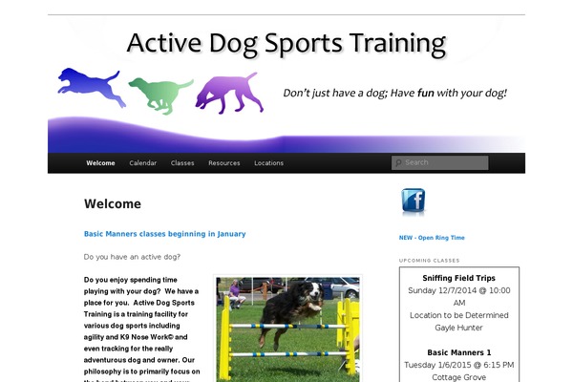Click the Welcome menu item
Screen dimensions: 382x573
pyautogui.click(x=100, y=163)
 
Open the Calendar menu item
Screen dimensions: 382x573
pyautogui.click(x=143, y=163)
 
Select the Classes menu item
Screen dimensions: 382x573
pyautogui.click(x=182, y=163)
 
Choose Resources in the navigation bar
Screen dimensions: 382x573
pyautogui.click(x=224, y=163)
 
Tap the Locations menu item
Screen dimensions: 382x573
pyautogui.click(x=268, y=163)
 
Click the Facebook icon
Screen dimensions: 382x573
pyautogui.click(x=413, y=201)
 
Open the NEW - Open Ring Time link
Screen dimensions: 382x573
pyautogui.click(x=432, y=238)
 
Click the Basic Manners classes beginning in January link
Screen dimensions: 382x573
pyautogui.click(x=164, y=233)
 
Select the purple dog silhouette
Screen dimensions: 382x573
pyautogui.click(x=228, y=93)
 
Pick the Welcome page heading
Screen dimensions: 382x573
pyautogui.click(x=112, y=203)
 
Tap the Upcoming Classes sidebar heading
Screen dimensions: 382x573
pyautogui.click(x=429, y=261)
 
